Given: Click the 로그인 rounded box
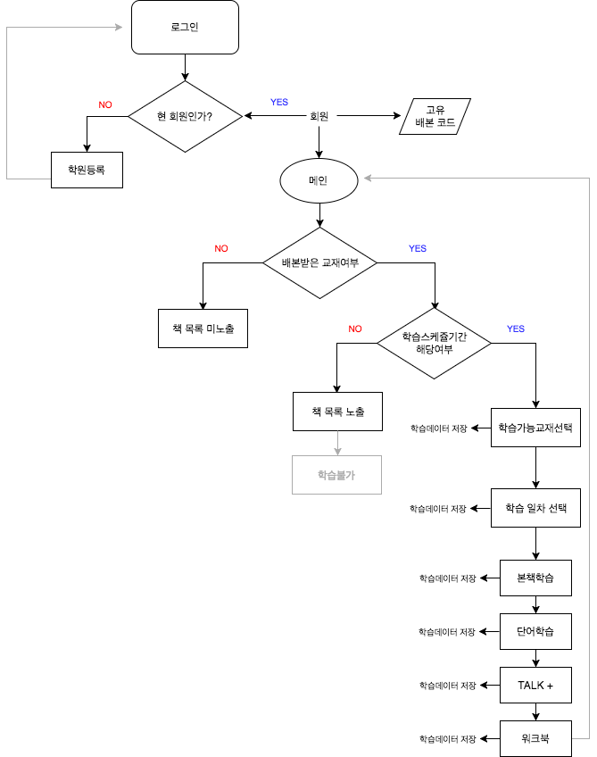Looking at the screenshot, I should pyautogui.click(x=185, y=27).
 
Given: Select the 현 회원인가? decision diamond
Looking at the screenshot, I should pyautogui.click(x=185, y=116).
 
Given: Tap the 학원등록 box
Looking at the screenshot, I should pyautogui.click(x=87, y=170).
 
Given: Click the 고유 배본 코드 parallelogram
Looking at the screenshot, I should pyautogui.click(x=435, y=116).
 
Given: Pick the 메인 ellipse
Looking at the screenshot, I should pyautogui.click(x=319, y=180).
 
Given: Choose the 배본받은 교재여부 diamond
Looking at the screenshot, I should pyautogui.click(x=319, y=263).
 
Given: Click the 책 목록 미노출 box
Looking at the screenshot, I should pyautogui.click(x=203, y=329).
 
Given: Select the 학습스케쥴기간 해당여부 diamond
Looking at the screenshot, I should pyautogui.click(x=434, y=343).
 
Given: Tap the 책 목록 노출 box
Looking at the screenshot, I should pyautogui.click(x=337, y=412).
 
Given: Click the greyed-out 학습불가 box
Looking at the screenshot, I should pyautogui.click(x=336, y=475).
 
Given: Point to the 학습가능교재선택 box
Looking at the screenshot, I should pyautogui.click(x=535, y=428).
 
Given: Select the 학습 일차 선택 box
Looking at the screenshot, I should pyautogui.click(x=535, y=508).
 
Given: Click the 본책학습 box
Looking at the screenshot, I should pyautogui.click(x=535, y=578).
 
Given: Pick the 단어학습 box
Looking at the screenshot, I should pyautogui.click(x=535, y=632).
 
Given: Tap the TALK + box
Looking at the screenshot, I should pyautogui.click(x=535, y=686).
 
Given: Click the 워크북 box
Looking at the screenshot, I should pyautogui.click(x=535, y=739).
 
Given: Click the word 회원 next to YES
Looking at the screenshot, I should pyautogui.click(x=319, y=116).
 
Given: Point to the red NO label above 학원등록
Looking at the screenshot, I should pyautogui.click(x=105, y=104).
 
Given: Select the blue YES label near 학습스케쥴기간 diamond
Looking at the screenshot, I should pyautogui.click(x=516, y=329).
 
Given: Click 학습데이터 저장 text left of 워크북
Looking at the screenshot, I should pyautogui.click(x=447, y=739).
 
